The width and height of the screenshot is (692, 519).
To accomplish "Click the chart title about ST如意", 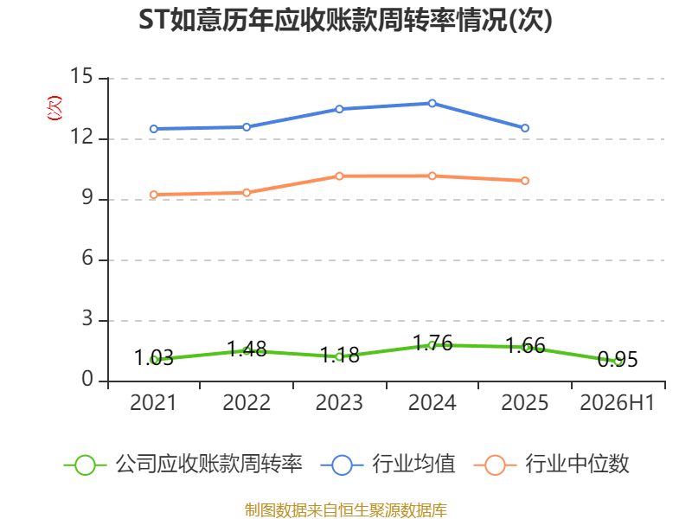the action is click(345, 20).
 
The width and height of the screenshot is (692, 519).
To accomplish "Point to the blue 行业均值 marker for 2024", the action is click(432, 103).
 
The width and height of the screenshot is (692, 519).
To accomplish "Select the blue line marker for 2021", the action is click(154, 129).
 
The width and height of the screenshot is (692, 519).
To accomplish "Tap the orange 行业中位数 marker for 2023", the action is click(339, 176).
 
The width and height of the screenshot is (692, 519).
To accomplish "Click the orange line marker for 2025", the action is click(525, 181).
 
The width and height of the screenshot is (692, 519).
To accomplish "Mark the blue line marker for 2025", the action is click(525, 128).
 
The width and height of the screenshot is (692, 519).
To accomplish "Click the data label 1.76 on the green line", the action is click(432, 343).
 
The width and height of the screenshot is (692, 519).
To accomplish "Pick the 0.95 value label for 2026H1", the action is click(618, 359).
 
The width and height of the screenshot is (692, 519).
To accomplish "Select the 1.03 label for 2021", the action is click(154, 357).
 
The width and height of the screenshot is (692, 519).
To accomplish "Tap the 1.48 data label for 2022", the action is click(247, 349).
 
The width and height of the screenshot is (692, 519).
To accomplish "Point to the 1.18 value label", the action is click(339, 355).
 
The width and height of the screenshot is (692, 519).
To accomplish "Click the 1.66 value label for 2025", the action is click(525, 345).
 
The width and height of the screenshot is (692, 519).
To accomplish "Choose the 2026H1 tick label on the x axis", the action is click(617, 402).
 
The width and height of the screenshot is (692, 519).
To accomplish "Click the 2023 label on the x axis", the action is click(339, 402).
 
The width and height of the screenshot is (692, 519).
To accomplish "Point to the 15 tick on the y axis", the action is click(81, 76).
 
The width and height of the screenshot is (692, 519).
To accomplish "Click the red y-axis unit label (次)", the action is click(54, 108).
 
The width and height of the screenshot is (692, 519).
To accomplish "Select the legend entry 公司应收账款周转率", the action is click(183, 465).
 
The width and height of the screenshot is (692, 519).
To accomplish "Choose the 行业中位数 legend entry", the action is click(551, 465).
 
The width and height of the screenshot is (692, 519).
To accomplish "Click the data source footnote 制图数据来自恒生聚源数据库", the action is click(346, 510).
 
